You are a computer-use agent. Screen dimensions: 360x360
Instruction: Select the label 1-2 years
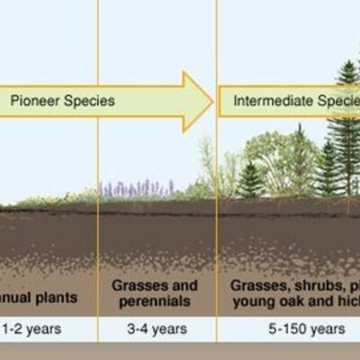coord(31,328)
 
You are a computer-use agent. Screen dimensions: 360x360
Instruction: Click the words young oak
coord(267,300)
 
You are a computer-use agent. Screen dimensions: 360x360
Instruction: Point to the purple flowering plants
coord(135,188)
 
